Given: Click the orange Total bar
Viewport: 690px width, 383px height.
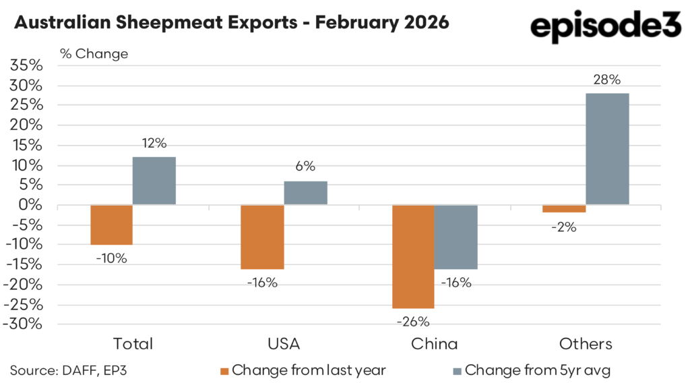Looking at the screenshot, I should tap(111, 225).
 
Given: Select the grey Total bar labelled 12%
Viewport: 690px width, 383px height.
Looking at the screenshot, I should tap(154, 181).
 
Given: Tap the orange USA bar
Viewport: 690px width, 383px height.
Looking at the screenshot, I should tap(262, 237).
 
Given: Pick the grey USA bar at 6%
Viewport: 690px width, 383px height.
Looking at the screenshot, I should tap(305, 193).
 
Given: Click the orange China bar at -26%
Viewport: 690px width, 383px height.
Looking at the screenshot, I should tap(413, 257).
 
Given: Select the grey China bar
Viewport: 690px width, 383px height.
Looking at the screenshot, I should tap(456, 237).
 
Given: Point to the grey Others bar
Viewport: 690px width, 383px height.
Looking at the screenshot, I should tap(607, 149).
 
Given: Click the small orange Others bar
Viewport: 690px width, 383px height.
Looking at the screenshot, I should tap(565, 209).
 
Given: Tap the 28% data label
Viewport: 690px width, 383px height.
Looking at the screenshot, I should tap(607, 80).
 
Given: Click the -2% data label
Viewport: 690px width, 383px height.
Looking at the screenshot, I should tap(563, 227).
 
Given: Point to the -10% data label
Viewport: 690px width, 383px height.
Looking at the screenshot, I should tap(111, 258).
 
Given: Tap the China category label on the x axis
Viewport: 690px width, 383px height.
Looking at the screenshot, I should tap(434, 344).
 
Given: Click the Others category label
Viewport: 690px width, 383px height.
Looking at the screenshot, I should tap(586, 344).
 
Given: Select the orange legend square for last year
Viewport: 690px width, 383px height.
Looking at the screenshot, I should tap(225, 370).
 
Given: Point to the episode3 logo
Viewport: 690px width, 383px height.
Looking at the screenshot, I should tap(606, 27).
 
